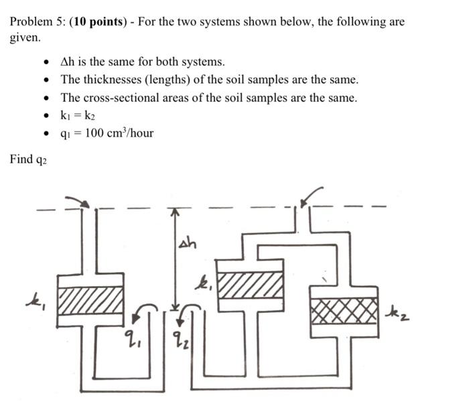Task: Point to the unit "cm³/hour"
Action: click(x=132, y=133)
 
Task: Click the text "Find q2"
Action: click(x=27, y=159)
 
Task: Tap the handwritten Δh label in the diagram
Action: click(x=188, y=243)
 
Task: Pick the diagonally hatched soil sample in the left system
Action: click(x=90, y=299)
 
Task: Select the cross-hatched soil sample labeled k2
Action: click(x=342, y=311)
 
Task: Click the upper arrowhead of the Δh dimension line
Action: click(x=175, y=210)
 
